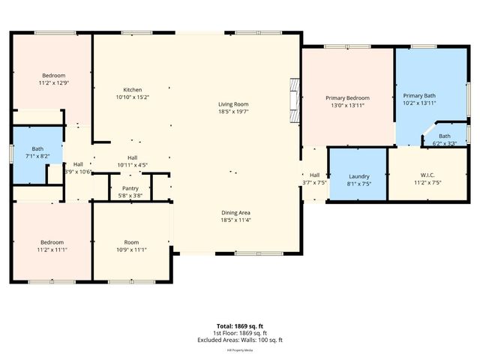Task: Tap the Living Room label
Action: pyautogui.click(x=233, y=104)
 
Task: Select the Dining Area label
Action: pyautogui.click(x=235, y=212)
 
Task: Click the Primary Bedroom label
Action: pyautogui.click(x=346, y=98)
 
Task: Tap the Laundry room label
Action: pyautogui.click(x=358, y=177)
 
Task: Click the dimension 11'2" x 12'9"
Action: pyautogui.click(x=53, y=82)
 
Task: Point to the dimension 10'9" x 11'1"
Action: pyautogui.click(x=132, y=250)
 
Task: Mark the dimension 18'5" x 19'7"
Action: pyautogui.click(x=233, y=112)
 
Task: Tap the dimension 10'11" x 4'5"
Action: pyautogui.click(x=132, y=165)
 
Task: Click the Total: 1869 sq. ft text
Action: pyautogui.click(x=240, y=326)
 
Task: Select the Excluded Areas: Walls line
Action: pyautogui.click(x=240, y=340)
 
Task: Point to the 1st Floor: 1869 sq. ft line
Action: pyautogui.click(x=240, y=333)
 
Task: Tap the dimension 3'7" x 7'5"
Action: pyautogui.click(x=314, y=182)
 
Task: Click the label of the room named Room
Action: pyautogui.click(x=132, y=242)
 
